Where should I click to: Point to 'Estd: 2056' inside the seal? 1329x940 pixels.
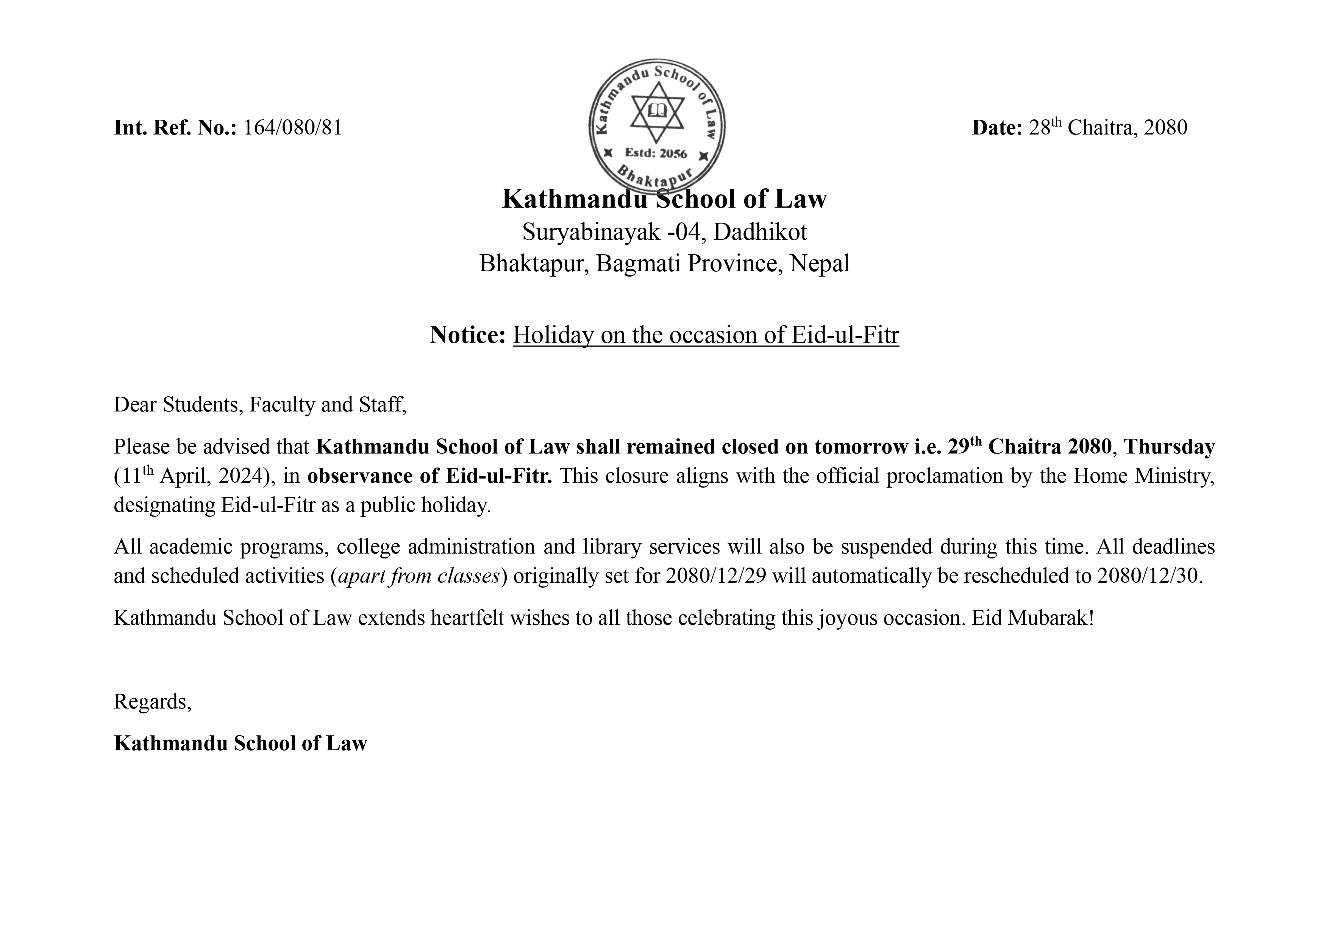pyautogui.click(x=656, y=153)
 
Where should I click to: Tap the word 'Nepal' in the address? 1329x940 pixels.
pyautogui.click(x=820, y=264)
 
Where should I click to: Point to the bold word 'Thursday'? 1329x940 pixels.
pyautogui.click(x=1169, y=447)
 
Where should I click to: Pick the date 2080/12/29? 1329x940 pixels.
pyautogui.click(x=716, y=576)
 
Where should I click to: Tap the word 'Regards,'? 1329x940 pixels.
pyautogui.click(x=153, y=702)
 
